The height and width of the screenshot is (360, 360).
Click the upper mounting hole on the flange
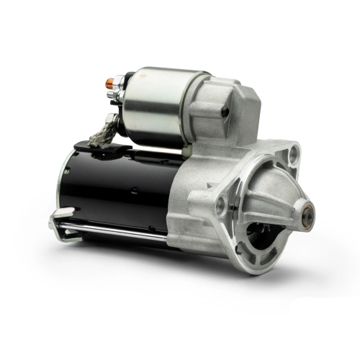point(293,152)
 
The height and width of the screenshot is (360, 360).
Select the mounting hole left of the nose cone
point(220,207)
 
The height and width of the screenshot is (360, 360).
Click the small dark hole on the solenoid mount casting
point(225,112)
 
